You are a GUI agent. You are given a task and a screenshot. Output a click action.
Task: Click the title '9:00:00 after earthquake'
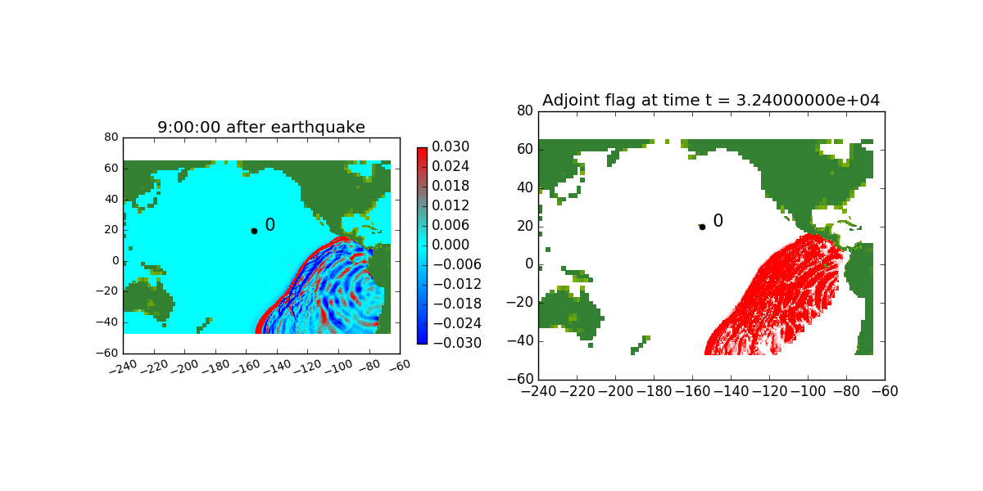point(261,127)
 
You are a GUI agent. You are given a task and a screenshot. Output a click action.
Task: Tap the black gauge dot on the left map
point(254,231)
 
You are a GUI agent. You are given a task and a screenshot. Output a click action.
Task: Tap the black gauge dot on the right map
point(702,227)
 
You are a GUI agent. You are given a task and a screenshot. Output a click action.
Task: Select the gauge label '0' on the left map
point(270,225)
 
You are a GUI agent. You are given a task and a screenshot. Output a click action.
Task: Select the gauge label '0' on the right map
point(718,220)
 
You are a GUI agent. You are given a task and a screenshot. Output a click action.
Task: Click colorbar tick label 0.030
point(451,146)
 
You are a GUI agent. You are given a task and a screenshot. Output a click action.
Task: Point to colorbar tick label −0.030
point(457,343)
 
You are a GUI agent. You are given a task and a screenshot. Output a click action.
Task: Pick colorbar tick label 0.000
point(451,245)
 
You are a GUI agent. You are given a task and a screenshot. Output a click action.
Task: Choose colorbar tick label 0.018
point(451,186)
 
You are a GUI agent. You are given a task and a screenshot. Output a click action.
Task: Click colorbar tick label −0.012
point(457,284)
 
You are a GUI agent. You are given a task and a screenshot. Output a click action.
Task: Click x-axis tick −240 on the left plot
point(124,367)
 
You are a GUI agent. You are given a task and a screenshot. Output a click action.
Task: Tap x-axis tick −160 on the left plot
point(247,367)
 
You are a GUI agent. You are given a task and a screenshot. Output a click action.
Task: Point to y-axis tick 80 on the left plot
point(111,137)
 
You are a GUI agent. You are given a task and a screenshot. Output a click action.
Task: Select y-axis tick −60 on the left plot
point(107,353)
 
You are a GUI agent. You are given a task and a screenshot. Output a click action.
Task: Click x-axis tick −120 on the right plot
point(768,391)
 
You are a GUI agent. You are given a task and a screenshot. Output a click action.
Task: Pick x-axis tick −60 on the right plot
point(885,391)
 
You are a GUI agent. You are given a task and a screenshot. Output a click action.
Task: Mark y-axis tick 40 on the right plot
point(525,187)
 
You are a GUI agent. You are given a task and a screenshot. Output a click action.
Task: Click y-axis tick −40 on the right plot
point(520,341)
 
